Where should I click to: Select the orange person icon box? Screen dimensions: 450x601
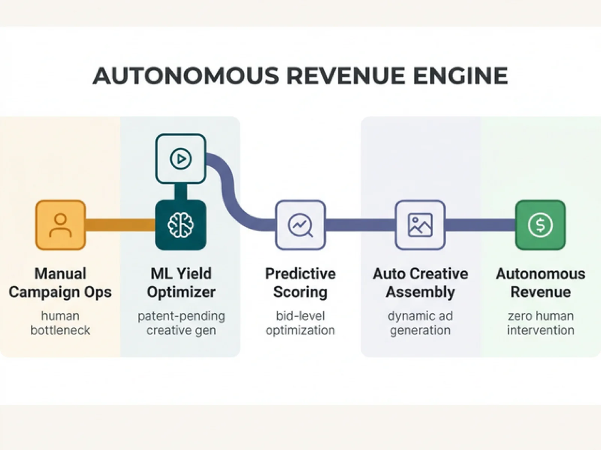tap(60, 225)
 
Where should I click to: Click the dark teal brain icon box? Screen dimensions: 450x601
tap(181, 225)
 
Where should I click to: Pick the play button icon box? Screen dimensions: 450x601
tap(181, 159)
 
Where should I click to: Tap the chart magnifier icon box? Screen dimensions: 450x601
tap(300, 225)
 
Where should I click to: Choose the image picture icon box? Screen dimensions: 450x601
tap(420, 225)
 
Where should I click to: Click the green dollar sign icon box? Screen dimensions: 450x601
tap(540, 225)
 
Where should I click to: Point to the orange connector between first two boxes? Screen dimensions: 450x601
tap(120, 225)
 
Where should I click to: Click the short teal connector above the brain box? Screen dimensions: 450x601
tap(181, 192)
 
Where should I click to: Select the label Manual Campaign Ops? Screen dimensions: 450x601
tap(60, 283)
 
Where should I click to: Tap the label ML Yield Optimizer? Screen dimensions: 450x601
tap(181, 283)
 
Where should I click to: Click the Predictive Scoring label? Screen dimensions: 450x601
tap(300, 283)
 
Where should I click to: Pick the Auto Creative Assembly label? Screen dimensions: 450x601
tap(420, 283)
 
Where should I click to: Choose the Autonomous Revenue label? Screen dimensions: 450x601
tap(541, 283)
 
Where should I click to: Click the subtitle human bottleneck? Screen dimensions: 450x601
tap(60, 323)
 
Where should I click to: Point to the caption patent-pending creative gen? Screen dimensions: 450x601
tap(181, 323)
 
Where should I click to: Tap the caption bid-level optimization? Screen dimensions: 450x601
tap(300, 323)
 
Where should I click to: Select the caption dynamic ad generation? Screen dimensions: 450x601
tap(420, 323)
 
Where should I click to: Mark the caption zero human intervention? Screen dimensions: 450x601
tap(541, 323)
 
